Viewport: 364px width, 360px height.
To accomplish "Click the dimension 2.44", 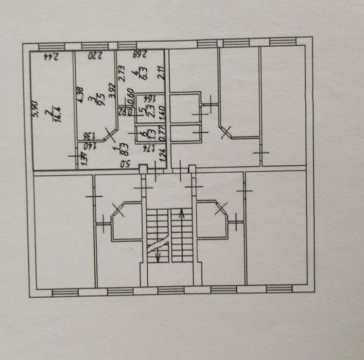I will (51, 56).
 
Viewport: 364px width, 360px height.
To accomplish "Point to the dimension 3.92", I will (112, 91).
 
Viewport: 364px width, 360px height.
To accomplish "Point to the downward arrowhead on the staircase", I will (157, 257).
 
